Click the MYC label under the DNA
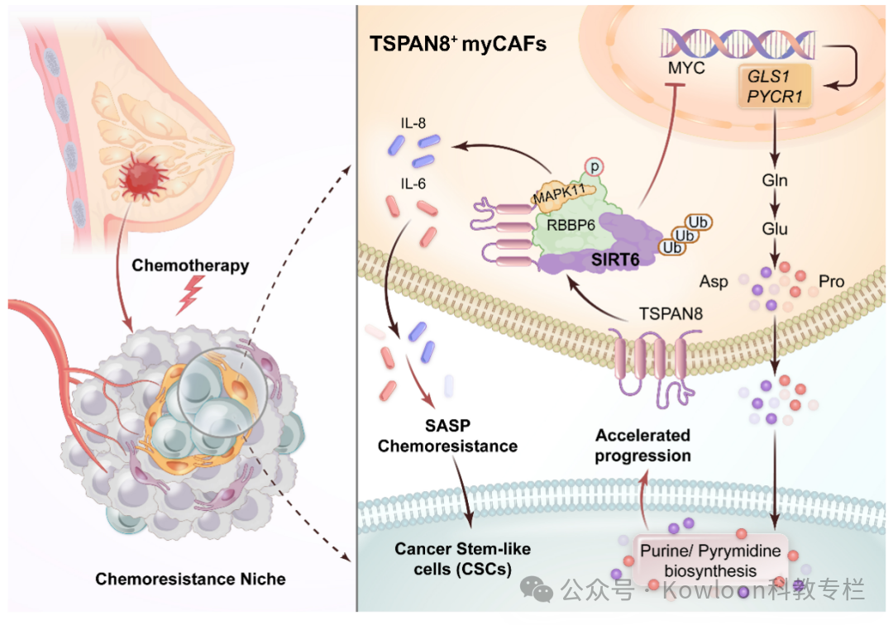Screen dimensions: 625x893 click(685, 68)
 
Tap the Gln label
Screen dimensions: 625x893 click(775, 179)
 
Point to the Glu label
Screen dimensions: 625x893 click(775, 229)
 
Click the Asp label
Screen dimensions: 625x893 click(714, 282)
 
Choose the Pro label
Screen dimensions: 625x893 click(831, 282)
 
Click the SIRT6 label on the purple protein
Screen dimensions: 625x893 click(614, 259)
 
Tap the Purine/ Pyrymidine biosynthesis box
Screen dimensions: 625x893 click(699, 560)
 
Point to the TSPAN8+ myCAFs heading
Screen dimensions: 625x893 click(457, 45)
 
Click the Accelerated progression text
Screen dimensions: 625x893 click(643, 445)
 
